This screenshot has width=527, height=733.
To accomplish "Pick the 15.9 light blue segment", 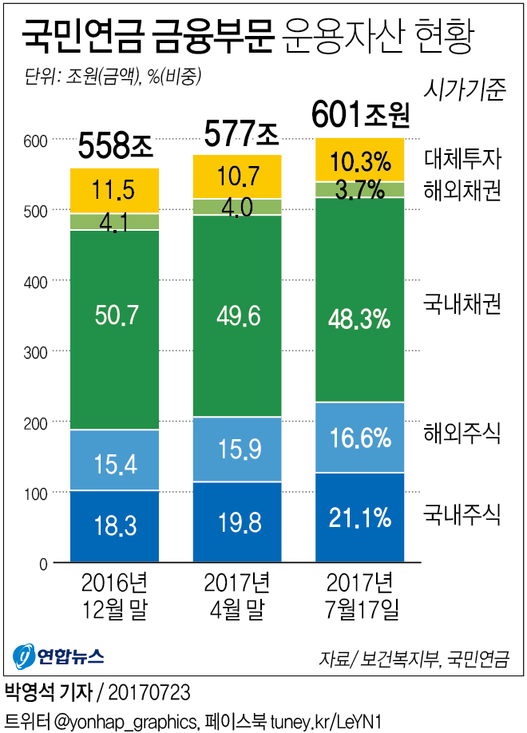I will point(237,450).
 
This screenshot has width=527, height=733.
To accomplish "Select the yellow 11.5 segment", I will point(115,190).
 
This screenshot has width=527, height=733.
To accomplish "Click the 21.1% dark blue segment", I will point(359,517).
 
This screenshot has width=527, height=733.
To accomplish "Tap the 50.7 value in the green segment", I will point(115,315).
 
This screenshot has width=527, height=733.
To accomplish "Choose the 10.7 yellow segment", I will point(237,175).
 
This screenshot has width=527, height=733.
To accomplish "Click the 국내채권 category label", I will point(462,304).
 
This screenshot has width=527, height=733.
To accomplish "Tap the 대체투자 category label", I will point(462,160).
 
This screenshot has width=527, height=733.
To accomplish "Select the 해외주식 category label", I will point(462,434).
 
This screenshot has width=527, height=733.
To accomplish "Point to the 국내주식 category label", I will point(462,513).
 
